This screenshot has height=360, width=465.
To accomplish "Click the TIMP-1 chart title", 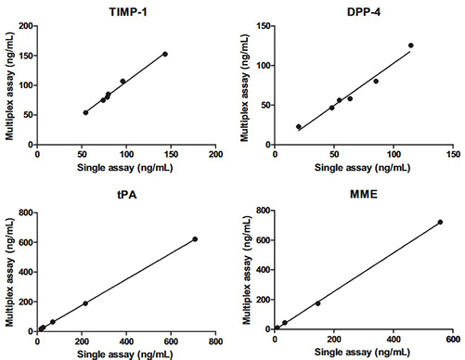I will point(126,10).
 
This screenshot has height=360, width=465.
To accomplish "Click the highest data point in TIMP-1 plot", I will point(164,54).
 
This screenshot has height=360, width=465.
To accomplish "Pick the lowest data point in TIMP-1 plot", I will point(85,112).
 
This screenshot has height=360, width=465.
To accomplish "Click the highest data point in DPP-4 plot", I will point(410,45).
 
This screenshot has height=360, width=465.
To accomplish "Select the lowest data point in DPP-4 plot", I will point(299,126).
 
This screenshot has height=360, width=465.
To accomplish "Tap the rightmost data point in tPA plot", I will point(195,239).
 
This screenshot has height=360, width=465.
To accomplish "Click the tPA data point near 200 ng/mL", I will point(85,303).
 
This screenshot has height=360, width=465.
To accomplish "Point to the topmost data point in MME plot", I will point(440,222).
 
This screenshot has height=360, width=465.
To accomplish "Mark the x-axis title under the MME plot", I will point(365,352).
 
